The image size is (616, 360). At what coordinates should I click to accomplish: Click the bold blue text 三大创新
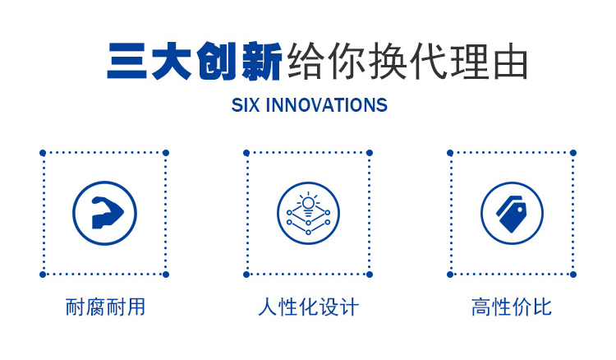coord(195,62)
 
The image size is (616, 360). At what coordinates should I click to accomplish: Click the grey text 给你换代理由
coord(407,62)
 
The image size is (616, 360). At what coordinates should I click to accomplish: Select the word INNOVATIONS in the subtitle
coord(326,105)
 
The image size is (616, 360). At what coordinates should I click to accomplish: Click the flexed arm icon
coord(107,213)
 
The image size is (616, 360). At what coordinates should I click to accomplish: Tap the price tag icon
coord(511,214)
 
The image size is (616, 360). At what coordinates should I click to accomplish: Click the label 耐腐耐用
coord(105,307)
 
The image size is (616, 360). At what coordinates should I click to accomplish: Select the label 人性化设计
coord(308,307)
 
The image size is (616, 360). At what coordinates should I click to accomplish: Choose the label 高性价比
coord(512,307)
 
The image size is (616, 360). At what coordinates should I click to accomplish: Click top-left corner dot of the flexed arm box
coord(43,153)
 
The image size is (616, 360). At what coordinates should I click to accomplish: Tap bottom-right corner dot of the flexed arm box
coord(166,275)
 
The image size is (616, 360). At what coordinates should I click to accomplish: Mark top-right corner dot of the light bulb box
coord(370,153)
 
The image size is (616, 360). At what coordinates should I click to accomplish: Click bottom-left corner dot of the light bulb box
coord(246,275)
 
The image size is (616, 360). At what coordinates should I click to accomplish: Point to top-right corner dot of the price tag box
coord(573,153)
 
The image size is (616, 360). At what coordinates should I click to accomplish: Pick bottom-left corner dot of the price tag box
coord(450,275)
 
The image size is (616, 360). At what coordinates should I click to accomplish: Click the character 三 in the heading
coord(126,62)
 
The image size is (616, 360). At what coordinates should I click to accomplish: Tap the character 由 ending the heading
coord(510,62)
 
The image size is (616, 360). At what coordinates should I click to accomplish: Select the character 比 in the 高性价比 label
coord(542,307)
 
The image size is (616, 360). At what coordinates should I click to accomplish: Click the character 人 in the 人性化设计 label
coord(268,307)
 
